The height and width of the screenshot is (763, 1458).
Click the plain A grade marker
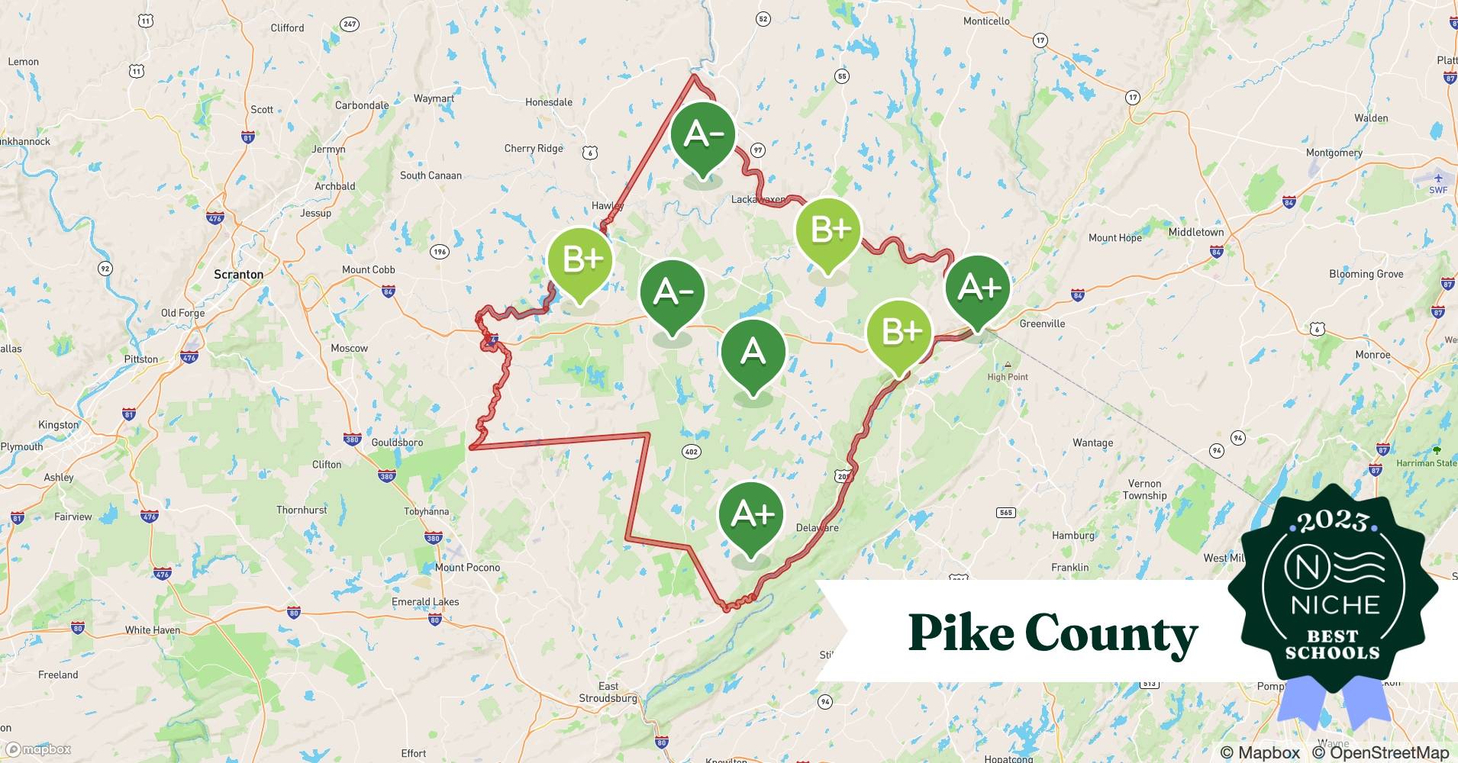(x=753, y=353)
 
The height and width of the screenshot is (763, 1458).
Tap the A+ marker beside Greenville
(x=978, y=288)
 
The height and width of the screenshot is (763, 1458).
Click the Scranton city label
(x=238, y=274)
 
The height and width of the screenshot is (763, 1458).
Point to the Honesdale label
(x=548, y=102)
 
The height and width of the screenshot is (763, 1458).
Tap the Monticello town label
(x=985, y=21)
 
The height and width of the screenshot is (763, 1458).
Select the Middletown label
(x=1195, y=232)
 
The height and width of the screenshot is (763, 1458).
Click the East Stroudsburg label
(x=608, y=692)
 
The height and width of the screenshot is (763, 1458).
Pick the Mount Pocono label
(x=467, y=567)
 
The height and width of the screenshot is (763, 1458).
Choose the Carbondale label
(x=362, y=105)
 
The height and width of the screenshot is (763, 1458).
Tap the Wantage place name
(x=1092, y=443)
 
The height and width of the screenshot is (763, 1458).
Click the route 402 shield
(x=691, y=452)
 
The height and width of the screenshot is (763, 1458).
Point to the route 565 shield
(x=1006, y=512)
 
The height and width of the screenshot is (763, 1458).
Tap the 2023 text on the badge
(x=1332, y=521)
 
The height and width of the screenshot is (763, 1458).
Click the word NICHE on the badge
(x=1335, y=605)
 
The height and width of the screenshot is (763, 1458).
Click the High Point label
(x=1007, y=377)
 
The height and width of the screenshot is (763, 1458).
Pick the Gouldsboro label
(x=397, y=443)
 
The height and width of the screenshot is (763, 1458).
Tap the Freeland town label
(x=58, y=674)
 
